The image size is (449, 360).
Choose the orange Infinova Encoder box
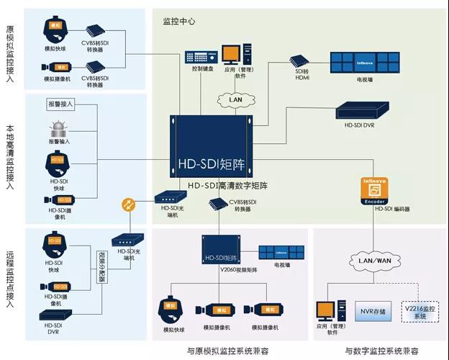pos(373,192)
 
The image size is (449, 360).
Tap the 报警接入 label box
pos(63,105)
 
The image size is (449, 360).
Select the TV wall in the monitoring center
pos(365,62)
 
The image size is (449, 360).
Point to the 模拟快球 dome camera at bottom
pos(173,310)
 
